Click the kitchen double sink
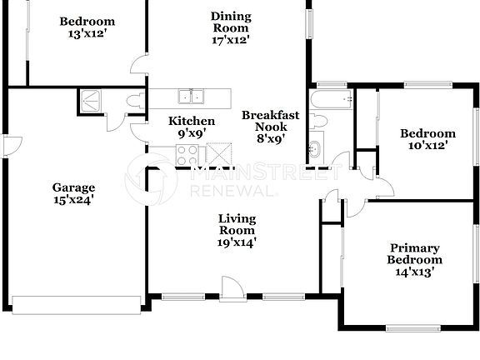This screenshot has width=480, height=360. click(191, 95)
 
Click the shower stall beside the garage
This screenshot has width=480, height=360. click(91, 101)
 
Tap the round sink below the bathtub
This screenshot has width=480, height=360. click(314, 149)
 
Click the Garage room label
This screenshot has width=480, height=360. click(74, 187)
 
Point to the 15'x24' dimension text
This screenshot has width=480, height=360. click(74, 200)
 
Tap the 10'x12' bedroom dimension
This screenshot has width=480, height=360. click(427, 146)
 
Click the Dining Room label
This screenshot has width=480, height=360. click(231, 22)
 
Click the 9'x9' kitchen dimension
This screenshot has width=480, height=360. click(192, 133)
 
